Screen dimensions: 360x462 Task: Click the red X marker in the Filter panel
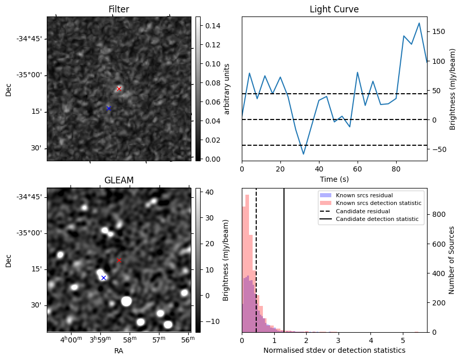point(119,89)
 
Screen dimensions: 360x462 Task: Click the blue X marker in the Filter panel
point(109,108)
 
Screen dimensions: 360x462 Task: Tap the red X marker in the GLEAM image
point(119,260)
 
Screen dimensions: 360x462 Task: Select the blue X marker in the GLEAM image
point(103,278)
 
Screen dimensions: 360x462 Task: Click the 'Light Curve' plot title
point(334,9)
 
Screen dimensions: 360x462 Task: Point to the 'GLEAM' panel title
point(119,180)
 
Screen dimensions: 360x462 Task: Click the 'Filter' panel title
point(119,9)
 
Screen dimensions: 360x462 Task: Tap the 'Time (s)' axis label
point(334,179)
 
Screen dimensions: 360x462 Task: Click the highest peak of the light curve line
point(419,23)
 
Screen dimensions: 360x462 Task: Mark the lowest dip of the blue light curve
point(304,154)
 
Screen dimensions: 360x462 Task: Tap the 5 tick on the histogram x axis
point(403,340)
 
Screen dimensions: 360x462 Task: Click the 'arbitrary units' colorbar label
point(227,89)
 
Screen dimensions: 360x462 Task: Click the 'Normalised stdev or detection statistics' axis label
point(334,350)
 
